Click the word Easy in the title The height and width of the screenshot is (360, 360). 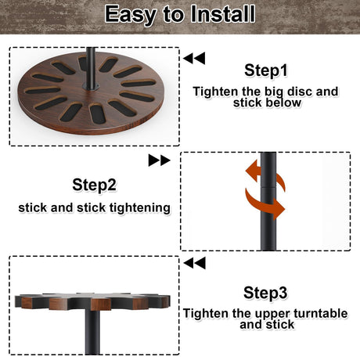[x=131, y=14]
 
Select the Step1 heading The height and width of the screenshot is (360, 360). [x=266, y=70]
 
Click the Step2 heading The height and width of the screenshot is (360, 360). [x=94, y=185]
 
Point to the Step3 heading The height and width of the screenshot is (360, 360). [x=265, y=293]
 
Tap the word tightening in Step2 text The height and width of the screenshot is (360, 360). [x=139, y=208]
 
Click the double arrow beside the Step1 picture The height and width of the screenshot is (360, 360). [x=194, y=58]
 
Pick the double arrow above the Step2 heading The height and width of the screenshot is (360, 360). [x=159, y=160]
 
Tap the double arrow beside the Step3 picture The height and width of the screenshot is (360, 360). [x=195, y=263]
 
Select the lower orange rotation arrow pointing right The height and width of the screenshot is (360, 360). [x=265, y=203]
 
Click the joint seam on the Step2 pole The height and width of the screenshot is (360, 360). [x=268, y=187]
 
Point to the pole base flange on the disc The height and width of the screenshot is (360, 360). [x=91, y=87]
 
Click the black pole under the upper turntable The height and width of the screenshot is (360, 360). [x=92, y=332]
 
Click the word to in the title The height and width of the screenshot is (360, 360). [x=173, y=15]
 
